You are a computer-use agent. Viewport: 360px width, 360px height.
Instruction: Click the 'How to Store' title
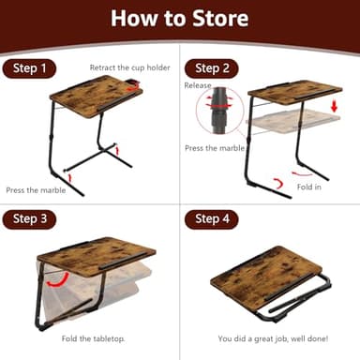180,20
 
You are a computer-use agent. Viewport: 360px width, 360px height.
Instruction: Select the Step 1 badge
30,68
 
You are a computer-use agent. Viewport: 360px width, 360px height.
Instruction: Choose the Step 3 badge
30,219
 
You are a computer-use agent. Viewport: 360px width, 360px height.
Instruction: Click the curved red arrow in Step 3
57,279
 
